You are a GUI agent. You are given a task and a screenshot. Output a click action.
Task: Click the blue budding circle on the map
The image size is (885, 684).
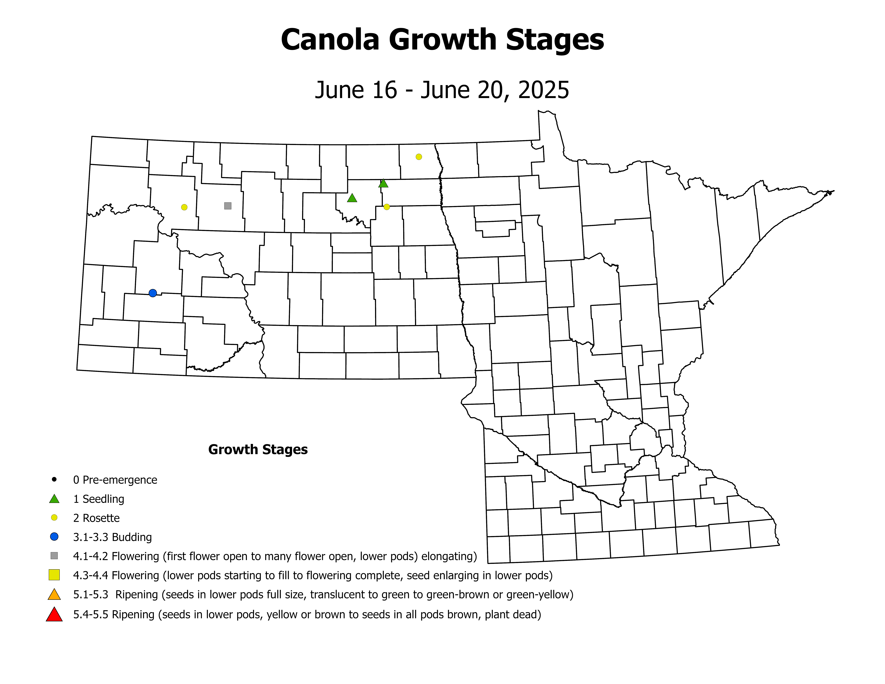[x=153, y=293]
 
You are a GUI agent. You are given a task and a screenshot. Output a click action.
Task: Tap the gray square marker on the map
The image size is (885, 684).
[x=228, y=206]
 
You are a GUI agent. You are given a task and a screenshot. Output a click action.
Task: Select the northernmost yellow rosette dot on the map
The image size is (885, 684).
[x=419, y=157]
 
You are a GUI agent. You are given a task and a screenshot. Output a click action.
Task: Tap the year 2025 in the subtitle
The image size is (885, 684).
[x=543, y=90]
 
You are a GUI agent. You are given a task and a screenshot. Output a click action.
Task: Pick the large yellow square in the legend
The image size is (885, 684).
[x=54, y=575]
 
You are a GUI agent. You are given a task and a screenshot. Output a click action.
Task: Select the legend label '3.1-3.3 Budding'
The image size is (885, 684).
[x=112, y=537]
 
